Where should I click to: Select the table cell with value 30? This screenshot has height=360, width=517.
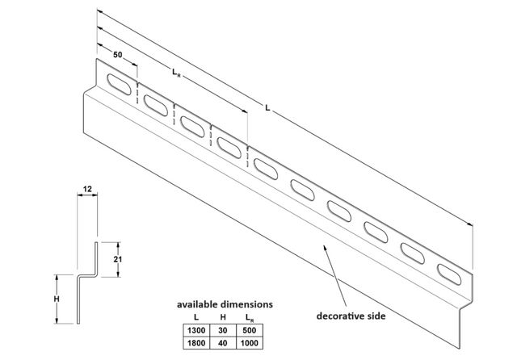coord(223,330)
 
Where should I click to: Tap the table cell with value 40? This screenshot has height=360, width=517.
coord(223,343)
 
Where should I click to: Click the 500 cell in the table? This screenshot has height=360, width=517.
coord(250,330)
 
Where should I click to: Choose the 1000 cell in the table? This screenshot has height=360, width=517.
coord(250,343)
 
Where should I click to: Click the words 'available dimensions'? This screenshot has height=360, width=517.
coord(225,304)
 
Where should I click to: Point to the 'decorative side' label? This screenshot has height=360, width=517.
coord(351,316)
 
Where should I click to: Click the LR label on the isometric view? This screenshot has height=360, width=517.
coord(176,73)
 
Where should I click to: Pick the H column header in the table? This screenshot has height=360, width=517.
coord(223,317)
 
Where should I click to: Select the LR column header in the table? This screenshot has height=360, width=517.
coord(250,318)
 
